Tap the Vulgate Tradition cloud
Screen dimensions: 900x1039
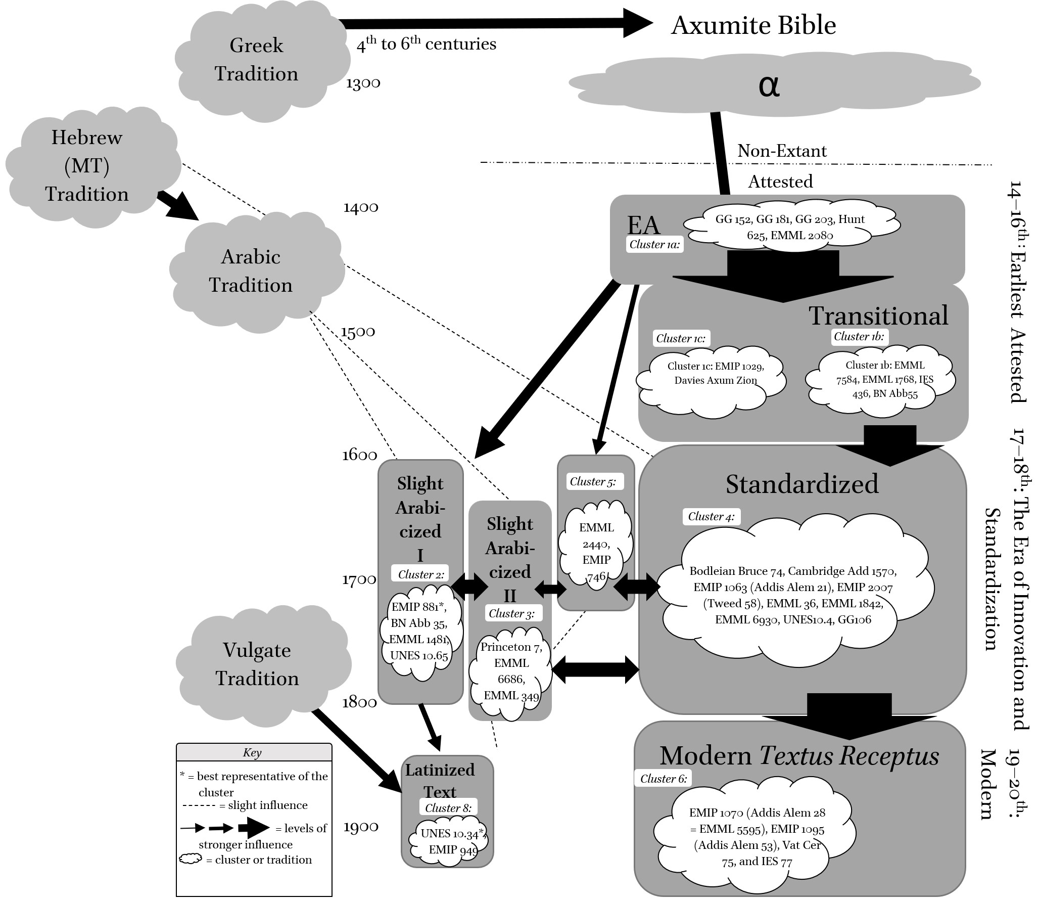258,663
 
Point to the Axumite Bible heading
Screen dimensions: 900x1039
753,25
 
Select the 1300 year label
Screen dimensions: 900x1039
363,83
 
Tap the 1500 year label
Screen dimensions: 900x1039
358,332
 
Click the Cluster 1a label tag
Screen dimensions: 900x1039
654,245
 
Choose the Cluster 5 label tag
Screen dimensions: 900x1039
593,481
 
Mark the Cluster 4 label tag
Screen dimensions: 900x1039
711,516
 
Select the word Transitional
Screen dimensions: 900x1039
879,316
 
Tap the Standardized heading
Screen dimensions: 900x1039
802,484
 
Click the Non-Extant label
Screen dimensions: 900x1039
782,151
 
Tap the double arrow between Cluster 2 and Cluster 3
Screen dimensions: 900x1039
469,587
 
